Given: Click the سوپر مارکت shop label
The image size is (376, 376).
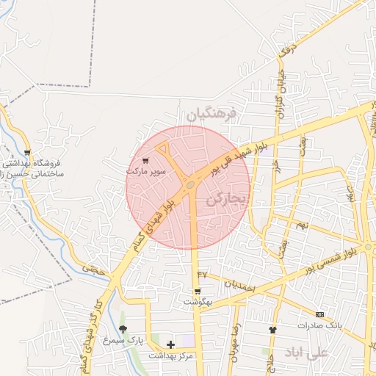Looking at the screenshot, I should point(147,170).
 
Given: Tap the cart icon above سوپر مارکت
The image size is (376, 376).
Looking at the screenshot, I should point(145,160).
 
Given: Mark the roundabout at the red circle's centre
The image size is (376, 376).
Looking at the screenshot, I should point(190,185).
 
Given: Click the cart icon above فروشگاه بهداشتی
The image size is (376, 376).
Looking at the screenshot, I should point(28,153).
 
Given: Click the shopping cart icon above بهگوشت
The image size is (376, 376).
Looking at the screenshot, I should point(197,292).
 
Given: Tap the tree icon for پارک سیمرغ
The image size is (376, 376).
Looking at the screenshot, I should point(123,328).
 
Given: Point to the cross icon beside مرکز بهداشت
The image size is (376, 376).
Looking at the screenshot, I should point(170,344).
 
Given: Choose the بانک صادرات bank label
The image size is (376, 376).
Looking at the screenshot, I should point(320,325).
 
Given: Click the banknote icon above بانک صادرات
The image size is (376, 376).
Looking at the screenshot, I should point(319,314).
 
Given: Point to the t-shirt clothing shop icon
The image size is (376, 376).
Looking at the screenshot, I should point(273,330).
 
